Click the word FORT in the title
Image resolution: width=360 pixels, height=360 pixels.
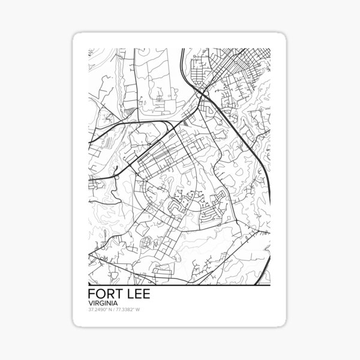(x=104, y=296)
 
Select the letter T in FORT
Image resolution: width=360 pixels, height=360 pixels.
(x=117, y=296)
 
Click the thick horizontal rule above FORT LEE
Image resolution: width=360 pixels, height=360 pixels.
(x=180, y=284)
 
